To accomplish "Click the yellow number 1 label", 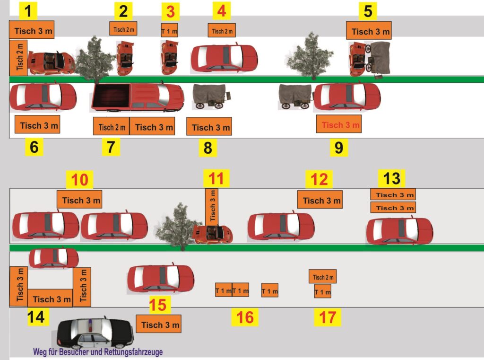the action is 28,11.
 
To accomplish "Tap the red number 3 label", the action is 170,12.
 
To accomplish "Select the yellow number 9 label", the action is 338,148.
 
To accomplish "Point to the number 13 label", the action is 391,178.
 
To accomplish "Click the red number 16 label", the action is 245,317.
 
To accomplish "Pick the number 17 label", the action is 328,317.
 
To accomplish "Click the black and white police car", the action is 95,333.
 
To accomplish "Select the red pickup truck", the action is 138,97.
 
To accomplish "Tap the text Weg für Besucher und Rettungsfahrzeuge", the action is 98,352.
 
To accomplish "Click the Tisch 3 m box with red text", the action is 338,124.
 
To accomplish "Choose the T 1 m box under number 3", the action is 170,30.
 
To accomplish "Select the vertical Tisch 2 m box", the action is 18,58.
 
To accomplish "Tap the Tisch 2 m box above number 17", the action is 322,276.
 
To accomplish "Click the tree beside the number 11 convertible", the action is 178,226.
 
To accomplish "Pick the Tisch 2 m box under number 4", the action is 222,30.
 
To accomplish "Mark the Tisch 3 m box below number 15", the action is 158,324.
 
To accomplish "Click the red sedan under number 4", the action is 224,58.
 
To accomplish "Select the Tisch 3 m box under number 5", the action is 369,30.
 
